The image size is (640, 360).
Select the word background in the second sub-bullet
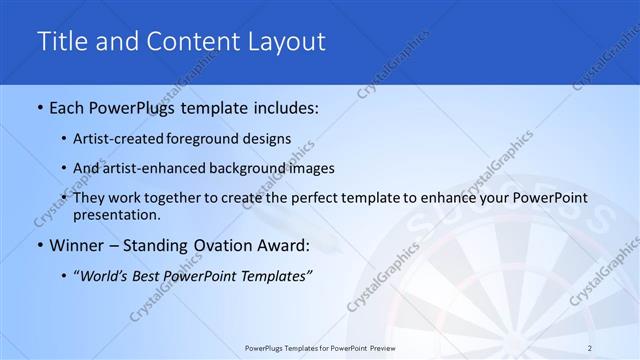coord(259,168)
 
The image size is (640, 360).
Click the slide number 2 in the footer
coord(590,347)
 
